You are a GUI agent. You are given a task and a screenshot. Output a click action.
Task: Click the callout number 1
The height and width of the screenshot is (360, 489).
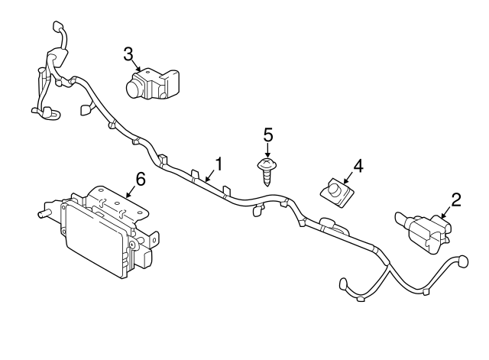(219, 163)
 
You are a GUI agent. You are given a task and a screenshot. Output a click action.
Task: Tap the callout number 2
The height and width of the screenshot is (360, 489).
(456, 200)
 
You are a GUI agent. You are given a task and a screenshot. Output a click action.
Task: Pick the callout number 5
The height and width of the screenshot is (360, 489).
(268, 135)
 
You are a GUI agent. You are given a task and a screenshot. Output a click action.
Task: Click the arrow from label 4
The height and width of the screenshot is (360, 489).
(348, 177)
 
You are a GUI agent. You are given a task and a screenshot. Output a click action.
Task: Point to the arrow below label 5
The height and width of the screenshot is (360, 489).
(268, 152)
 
